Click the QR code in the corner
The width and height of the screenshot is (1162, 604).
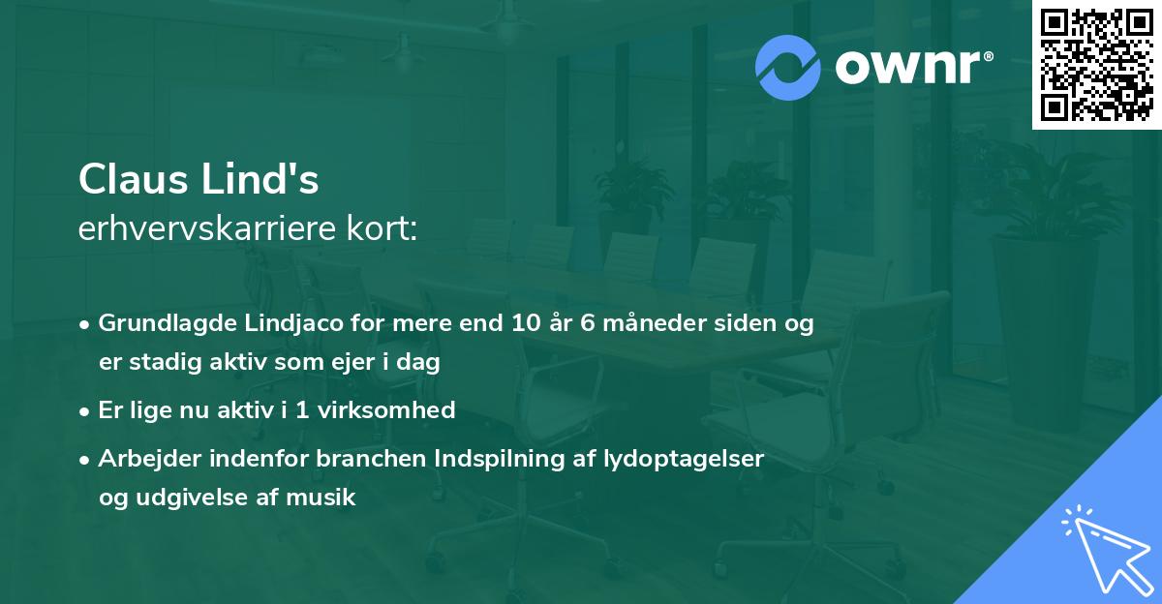pos(1096,65)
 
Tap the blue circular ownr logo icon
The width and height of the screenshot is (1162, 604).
pos(787,68)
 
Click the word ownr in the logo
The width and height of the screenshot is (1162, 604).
pos(907,67)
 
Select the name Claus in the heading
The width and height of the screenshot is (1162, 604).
pos(134,179)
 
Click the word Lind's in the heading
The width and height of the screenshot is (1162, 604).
pos(260,179)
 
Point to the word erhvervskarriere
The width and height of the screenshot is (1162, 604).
pos(207,228)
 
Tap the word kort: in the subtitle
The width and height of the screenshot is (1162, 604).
pos(382,228)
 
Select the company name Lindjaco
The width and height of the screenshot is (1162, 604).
pos(294,324)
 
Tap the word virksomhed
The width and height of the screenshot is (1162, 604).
pos(386,409)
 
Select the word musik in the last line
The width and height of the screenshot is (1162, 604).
pos(321,498)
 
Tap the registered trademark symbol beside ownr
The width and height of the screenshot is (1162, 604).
pos(988,56)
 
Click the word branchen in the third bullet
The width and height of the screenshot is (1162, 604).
pos(371,458)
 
